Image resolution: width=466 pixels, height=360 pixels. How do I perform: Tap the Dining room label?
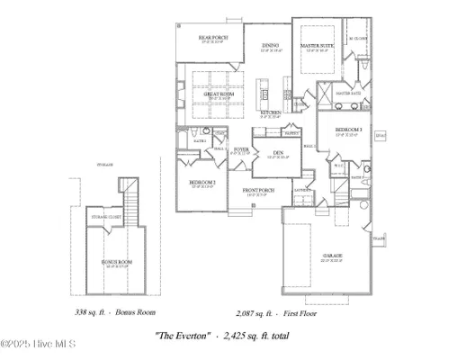(x=271, y=46)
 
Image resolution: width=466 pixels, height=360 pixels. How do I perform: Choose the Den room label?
(x=279, y=154)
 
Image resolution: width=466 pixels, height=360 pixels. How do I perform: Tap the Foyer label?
(x=241, y=148)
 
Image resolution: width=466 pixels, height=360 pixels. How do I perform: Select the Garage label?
(x=332, y=256)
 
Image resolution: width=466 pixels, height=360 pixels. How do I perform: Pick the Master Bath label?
(x=348, y=93)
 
